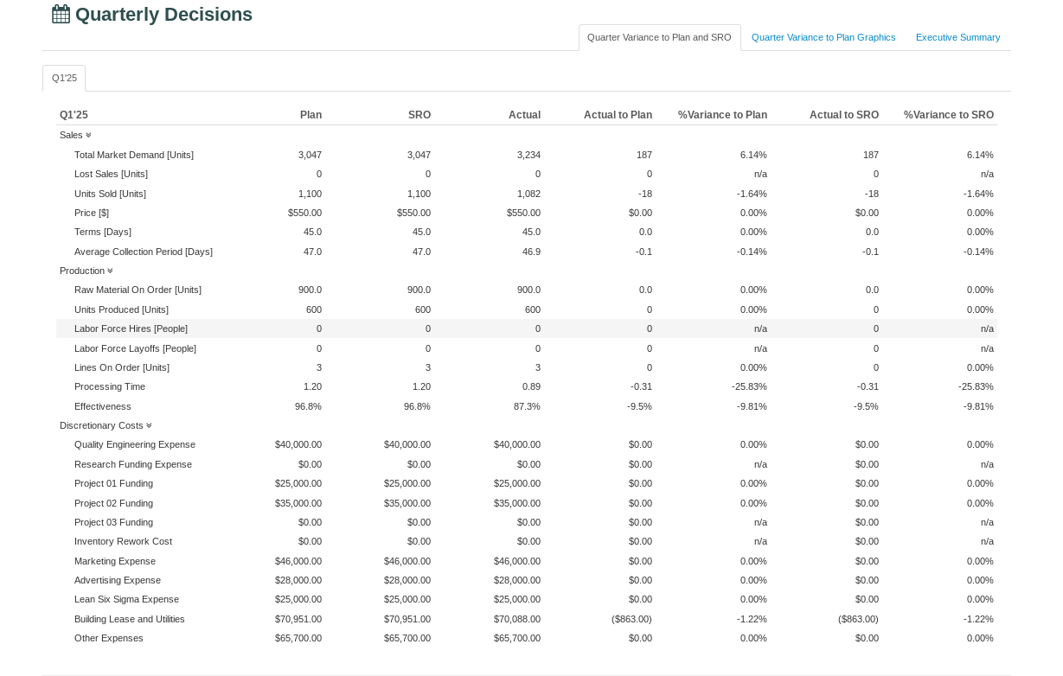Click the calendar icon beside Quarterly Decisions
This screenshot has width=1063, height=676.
pyautogui.click(x=61, y=14)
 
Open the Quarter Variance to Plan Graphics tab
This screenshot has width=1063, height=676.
pyautogui.click(x=823, y=37)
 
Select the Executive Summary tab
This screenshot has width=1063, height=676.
pyautogui.click(x=957, y=37)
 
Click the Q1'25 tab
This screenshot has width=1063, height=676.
pyautogui.click(x=64, y=78)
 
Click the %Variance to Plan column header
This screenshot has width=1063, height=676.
pyautogui.click(x=722, y=115)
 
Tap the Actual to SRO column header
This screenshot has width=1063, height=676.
pyautogui.click(x=843, y=115)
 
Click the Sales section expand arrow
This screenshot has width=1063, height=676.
pyautogui.click(x=88, y=135)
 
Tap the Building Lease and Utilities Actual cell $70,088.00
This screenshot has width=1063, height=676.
pyautogui.click(x=517, y=619)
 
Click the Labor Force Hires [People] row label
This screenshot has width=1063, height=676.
pyautogui.click(x=131, y=328)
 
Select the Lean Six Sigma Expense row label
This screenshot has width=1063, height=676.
pyautogui.click(x=126, y=599)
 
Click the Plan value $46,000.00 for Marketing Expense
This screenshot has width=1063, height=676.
pyautogui.click(x=298, y=561)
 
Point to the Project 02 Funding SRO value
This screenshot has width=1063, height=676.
pyautogui.click(x=407, y=503)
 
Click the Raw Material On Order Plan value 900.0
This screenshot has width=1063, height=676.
pyautogui.click(x=308, y=290)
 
